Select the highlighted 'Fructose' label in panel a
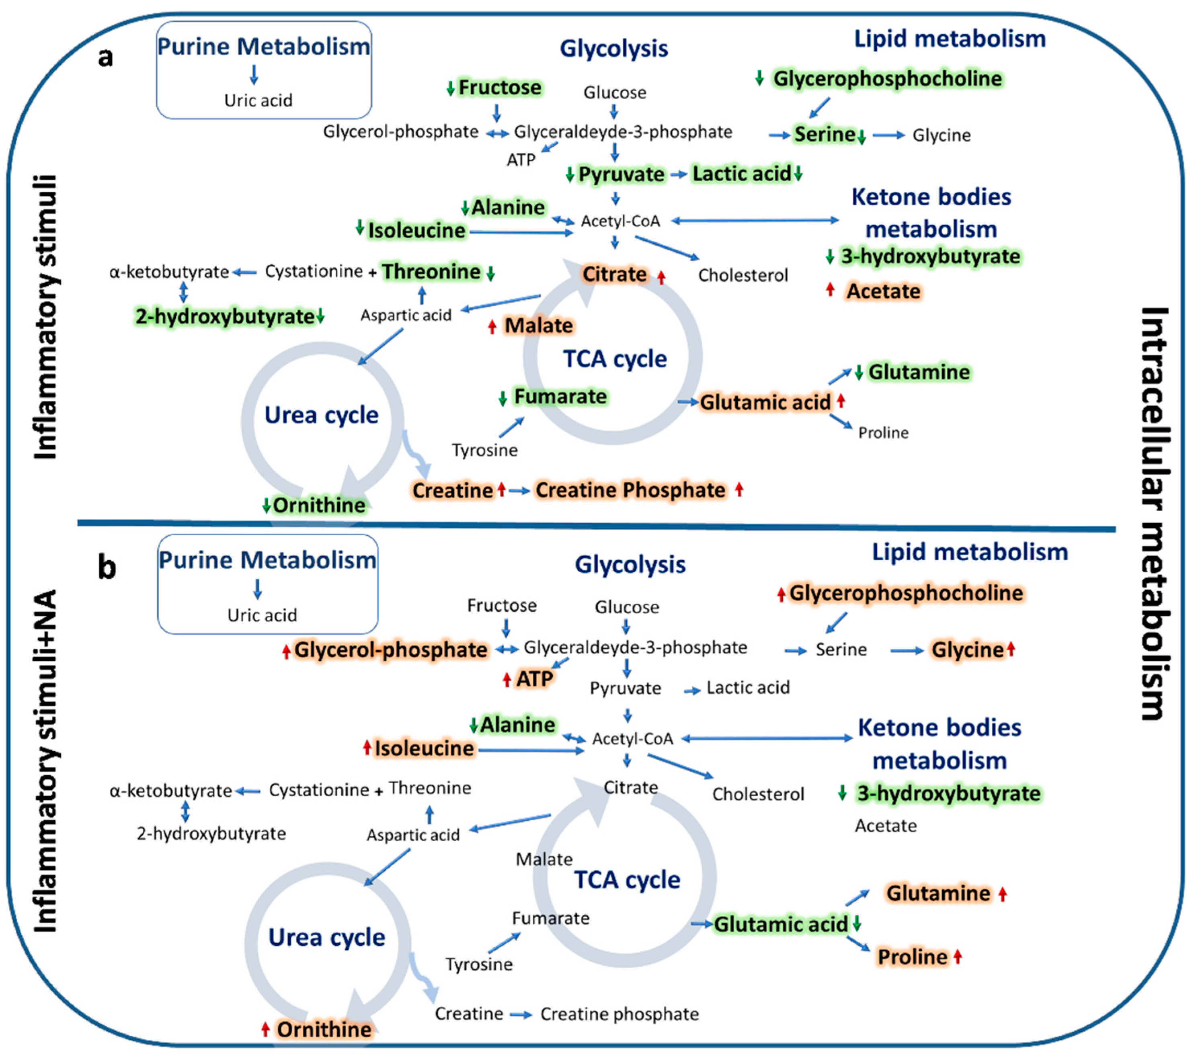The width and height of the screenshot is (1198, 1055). [499, 87]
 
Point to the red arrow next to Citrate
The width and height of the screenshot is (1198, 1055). [661, 277]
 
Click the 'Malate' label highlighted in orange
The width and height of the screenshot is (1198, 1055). [539, 325]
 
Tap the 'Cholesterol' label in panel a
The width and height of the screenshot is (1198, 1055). [743, 275]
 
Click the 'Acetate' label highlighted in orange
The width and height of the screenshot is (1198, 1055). [883, 291]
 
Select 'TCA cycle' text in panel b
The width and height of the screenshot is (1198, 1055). [627, 879]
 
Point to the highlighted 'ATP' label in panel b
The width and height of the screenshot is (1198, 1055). [534, 678]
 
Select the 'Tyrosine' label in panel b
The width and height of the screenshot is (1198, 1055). [479, 964]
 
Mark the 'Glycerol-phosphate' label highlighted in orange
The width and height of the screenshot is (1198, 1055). [390, 649]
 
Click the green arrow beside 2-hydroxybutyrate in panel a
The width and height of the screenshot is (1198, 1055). [320, 317]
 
